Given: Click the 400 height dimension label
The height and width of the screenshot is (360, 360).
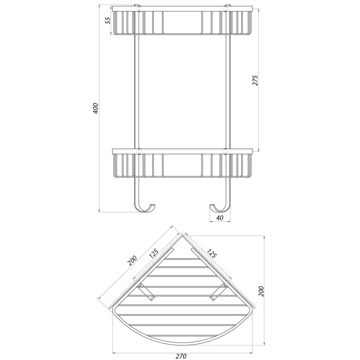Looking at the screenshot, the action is (96, 108).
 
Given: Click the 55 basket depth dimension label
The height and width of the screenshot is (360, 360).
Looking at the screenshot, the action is (108, 21).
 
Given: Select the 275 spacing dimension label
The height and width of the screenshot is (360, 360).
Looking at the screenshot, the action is (255, 80).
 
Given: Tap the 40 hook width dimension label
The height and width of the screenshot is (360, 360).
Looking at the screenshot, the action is (220, 218).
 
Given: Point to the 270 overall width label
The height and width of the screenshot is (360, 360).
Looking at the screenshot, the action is (181, 356).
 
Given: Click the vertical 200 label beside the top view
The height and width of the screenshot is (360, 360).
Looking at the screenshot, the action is (261, 292).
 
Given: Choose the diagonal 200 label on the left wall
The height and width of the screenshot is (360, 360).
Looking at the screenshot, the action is (132, 261).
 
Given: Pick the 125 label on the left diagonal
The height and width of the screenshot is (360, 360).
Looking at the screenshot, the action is (154, 253).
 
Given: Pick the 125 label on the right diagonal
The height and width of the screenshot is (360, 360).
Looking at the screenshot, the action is (211, 253).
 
